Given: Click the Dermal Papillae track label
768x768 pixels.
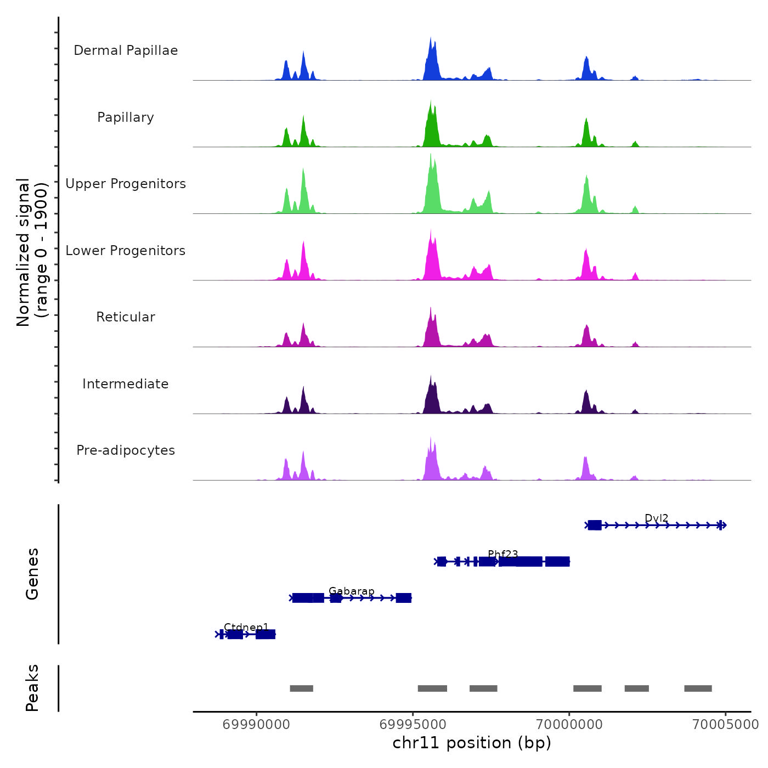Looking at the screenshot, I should coord(126,50).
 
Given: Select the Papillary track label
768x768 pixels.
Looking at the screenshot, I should coord(126,117).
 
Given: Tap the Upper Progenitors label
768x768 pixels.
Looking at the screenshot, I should coord(126,184).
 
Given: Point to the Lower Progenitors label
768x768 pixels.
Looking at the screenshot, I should coord(126,251).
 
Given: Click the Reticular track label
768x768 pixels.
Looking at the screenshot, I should coord(126,317).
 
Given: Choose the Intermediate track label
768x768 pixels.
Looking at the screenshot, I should coord(126,384).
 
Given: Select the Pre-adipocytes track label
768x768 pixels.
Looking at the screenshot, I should coord(126,450).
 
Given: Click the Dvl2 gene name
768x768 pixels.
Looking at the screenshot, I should coord(657,518).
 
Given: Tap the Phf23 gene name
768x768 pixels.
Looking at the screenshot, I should coord(503,555).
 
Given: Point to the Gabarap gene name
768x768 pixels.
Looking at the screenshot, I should coord(352,591).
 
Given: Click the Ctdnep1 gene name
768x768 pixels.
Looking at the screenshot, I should coord(246,628).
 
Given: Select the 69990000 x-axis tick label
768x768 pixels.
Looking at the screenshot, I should coord(256,725).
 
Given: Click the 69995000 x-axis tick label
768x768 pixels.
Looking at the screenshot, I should coord(413,725).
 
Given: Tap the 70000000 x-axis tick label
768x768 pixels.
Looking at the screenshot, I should coord(569,725).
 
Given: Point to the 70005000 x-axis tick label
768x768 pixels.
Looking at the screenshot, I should coord(725,725).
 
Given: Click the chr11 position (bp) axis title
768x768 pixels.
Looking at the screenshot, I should coord(472,743).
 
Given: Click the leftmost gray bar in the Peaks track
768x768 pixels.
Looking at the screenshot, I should coord(301,688).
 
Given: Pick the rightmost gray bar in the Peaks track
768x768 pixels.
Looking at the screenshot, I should coord(698,688).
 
